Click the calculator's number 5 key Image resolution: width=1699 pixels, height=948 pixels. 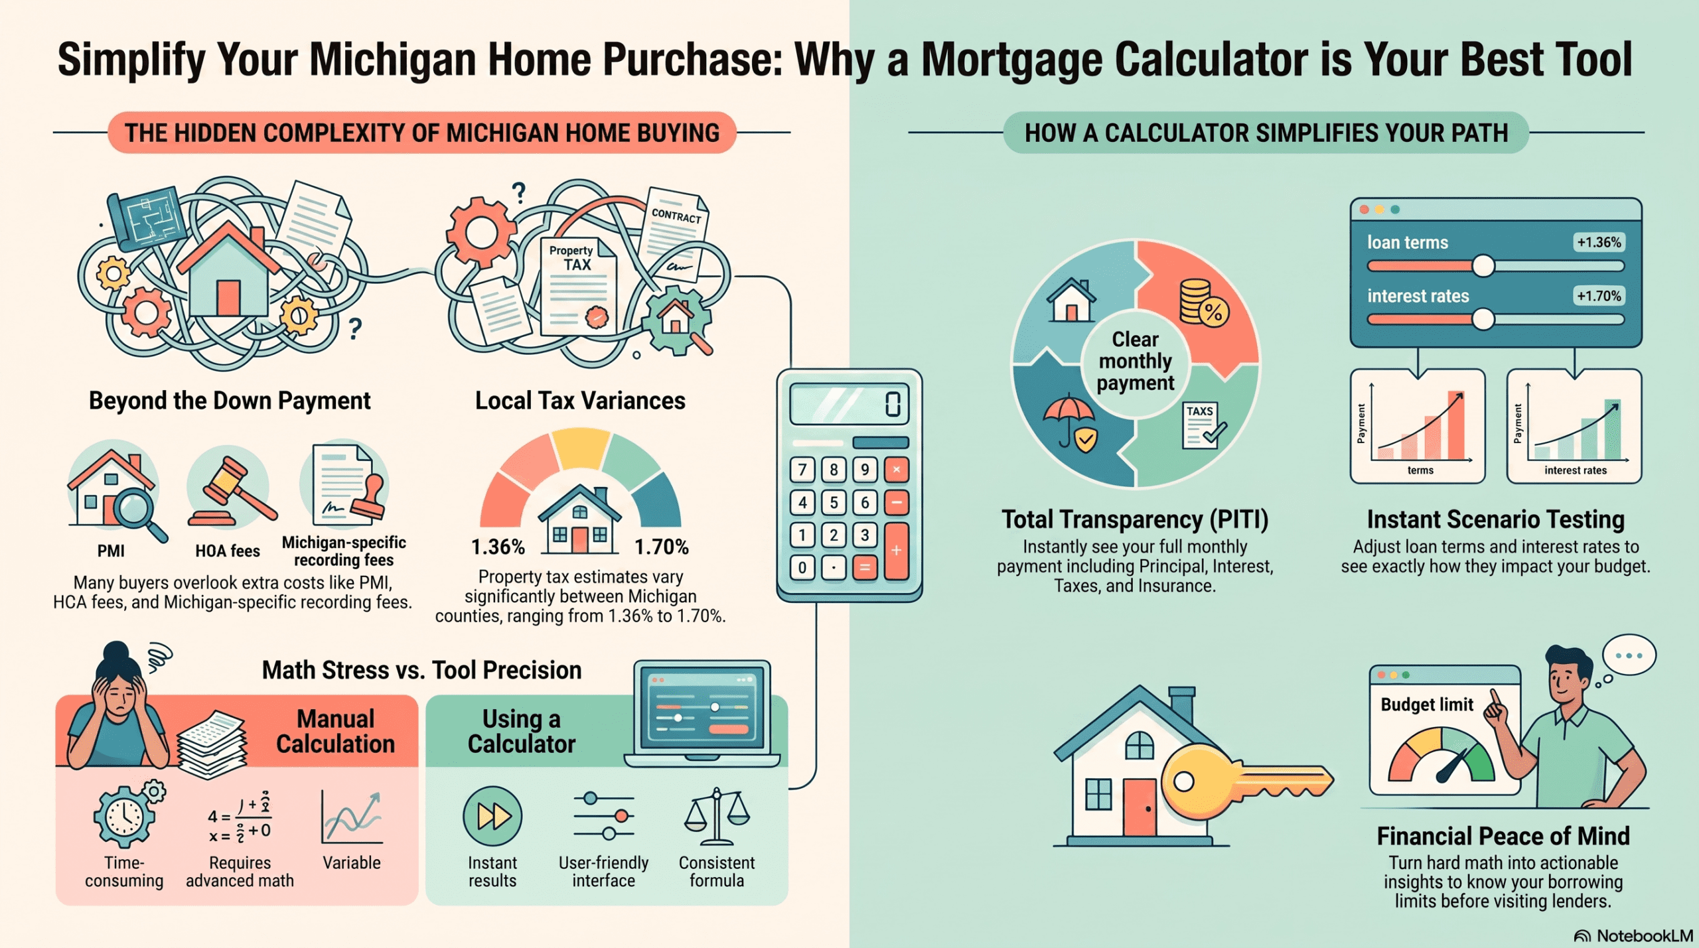(834, 502)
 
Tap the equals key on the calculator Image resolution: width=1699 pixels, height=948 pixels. (864, 567)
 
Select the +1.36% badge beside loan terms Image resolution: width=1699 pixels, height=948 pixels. (1599, 242)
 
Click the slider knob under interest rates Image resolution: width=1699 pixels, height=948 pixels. (1483, 320)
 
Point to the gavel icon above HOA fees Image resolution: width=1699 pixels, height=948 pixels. (232, 491)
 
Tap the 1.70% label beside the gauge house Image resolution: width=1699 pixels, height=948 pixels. (661, 547)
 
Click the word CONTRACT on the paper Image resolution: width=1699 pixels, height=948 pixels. (676, 215)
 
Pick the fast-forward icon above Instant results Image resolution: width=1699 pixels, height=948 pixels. (492, 816)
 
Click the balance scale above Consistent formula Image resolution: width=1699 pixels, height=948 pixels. (717, 816)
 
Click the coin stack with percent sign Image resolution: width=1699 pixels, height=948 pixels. (1203, 303)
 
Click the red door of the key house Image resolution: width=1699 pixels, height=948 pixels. (1140, 807)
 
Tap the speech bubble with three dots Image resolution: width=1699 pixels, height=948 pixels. (1629, 655)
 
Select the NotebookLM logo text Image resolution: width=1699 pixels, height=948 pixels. (1644, 935)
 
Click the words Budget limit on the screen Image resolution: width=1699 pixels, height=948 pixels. (1427, 705)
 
